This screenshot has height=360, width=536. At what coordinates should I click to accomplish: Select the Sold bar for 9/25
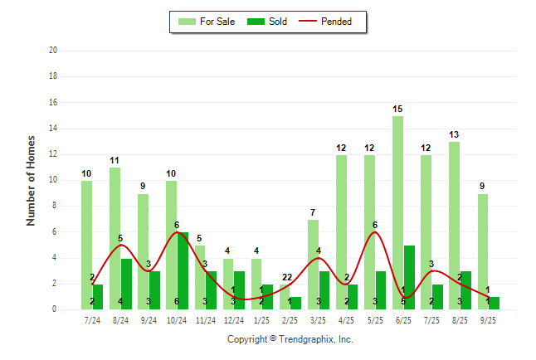point(494,303)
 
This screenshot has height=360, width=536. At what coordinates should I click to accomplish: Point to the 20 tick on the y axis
point(52,51)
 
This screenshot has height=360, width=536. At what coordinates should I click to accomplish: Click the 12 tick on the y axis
point(52,154)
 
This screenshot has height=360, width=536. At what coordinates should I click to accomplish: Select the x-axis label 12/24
point(234,319)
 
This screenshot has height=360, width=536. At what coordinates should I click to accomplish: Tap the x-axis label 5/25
point(375,319)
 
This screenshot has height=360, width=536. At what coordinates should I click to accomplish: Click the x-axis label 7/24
point(92,319)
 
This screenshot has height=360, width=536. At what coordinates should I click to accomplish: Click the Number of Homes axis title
point(32,180)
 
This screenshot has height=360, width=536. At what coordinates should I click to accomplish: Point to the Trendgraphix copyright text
point(290,339)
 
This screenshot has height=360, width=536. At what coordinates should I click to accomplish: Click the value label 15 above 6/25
point(398,109)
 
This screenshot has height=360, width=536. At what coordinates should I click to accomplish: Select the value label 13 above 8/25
point(455,134)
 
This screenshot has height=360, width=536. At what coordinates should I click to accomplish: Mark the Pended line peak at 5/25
point(375,232)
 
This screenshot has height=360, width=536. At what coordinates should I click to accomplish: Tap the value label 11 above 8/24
point(115,160)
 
